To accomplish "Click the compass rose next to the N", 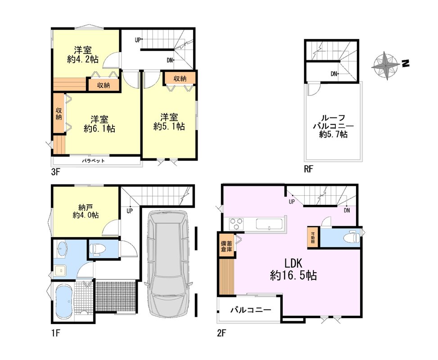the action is [385, 66].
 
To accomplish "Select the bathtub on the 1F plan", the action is [65, 302].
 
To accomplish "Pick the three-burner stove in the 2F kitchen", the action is [237, 224].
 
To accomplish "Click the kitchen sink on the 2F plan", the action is [269, 224].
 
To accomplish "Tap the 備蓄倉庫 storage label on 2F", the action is [226, 246].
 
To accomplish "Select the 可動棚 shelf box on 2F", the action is [313, 237].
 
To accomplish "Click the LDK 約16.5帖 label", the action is [294, 270].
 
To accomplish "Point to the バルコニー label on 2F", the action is [251, 310].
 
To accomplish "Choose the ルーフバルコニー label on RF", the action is [333, 126].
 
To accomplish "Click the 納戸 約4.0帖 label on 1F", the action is [86, 211].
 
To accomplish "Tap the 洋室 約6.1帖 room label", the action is [99, 124].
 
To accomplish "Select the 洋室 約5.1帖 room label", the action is [169, 122].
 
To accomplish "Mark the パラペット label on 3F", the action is [93, 161].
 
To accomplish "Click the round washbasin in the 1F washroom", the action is [62, 248].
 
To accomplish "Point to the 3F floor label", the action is [56, 171].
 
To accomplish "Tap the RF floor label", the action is [308, 169].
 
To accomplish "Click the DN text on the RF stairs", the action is [334, 74].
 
